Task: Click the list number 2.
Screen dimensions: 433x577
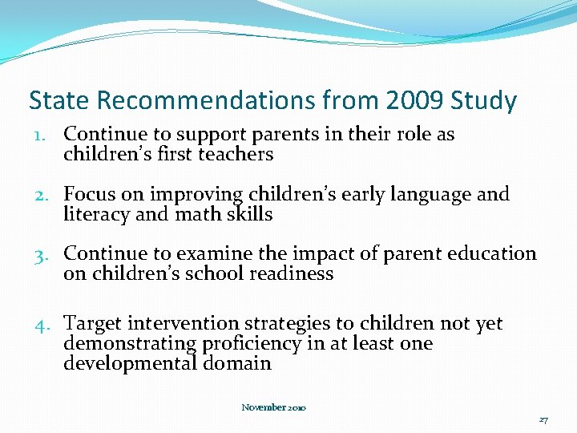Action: pyautogui.click(x=43, y=195)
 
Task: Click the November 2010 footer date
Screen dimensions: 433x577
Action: pyautogui.click(x=273, y=407)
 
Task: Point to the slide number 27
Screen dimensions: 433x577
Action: pyautogui.click(x=543, y=419)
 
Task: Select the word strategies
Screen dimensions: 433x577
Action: pyautogui.click(x=283, y=324)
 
